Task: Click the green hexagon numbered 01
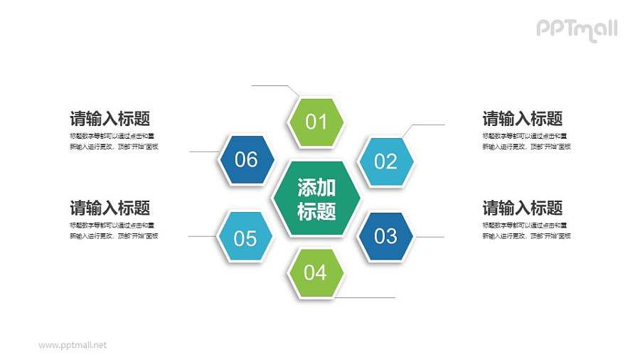pos(316,121)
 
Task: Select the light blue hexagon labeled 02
pos(385,162)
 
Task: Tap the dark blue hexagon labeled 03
pos(385,235)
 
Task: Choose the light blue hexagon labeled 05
pos(245,238)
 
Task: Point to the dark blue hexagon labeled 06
pos(245,159)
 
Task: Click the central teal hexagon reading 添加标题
pos(316,199)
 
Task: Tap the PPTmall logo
pos(576,28)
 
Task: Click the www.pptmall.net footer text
pos(73,345)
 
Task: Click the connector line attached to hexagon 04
pos(366,297)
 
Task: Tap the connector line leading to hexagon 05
pos(202,236)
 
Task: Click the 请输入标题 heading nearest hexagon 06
pos(110,119)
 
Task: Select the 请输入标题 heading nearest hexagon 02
pos(523,119)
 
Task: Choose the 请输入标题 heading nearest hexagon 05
pos(110,208)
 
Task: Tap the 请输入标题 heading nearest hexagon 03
pos(523,208)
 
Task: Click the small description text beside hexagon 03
pos(526,231)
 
